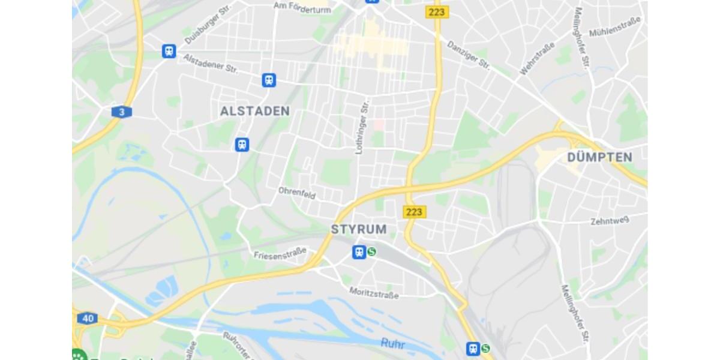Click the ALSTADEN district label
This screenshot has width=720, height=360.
click(x=254, y=111)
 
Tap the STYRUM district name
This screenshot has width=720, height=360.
click(x=359, y=229)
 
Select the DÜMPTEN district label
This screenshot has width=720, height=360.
click(x=599, y=157)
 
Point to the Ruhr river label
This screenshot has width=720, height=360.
click(x=392, y=344)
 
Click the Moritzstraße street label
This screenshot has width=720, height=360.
click(x=374, y=293)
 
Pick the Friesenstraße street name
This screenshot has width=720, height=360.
click(x=280, y=253)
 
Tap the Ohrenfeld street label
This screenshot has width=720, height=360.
click(x=296, y=193)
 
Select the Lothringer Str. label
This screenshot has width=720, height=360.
click(x=362, y=127)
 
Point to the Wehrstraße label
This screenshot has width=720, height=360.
click(x=536, y=58)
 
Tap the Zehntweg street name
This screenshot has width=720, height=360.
click(x=609, y=221)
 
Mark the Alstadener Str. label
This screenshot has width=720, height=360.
click(x=211, y=63)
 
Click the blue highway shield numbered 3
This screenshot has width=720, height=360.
click(x=122, y=112)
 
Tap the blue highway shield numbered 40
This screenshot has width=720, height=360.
click(x=88, y=318)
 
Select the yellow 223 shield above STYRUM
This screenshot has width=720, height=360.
click(x=413, y=212)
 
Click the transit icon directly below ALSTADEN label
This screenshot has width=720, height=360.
click(x=242, y=145)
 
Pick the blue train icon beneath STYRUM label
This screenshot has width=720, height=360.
click(x=359, y=252)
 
